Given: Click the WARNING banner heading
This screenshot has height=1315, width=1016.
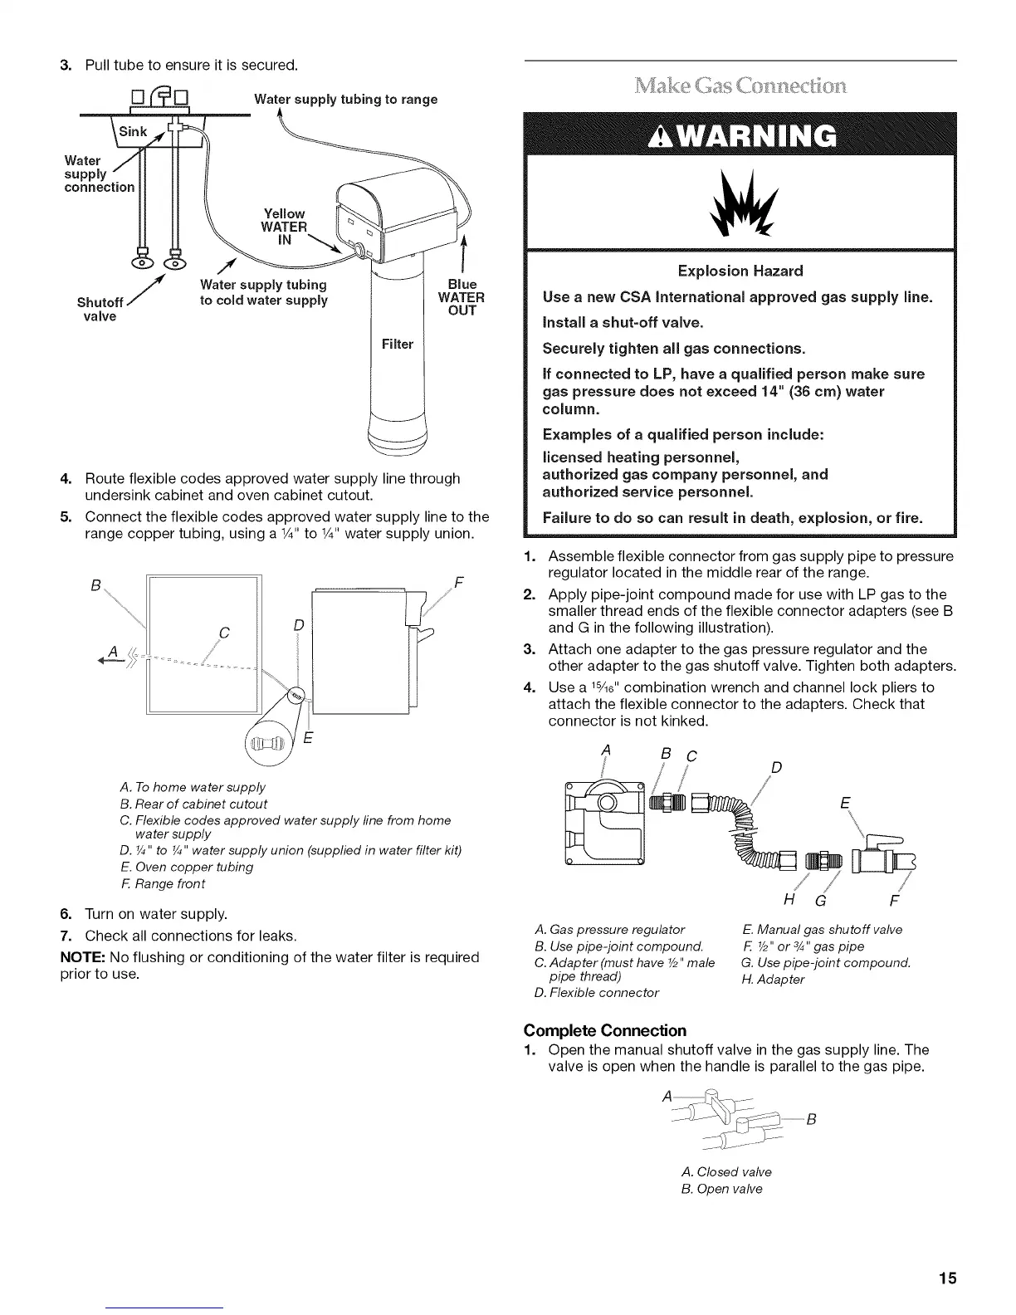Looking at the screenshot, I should [x=739, y=134].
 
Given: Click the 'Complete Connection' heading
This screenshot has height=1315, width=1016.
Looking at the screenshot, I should [x=605, y=1030].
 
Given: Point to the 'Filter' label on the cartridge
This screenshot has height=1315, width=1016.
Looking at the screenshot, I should [x=397, y=344].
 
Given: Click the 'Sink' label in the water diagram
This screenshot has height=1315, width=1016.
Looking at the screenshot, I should [x=133, y=132].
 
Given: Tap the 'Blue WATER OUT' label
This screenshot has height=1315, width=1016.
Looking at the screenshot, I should [x=461, y=297].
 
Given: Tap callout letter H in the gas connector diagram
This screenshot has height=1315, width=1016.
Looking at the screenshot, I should [x=788, y=902].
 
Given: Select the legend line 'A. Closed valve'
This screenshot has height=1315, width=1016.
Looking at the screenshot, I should [x=725, y=1171].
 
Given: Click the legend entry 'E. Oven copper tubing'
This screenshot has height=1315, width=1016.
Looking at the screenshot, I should [x=187, y=867].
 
